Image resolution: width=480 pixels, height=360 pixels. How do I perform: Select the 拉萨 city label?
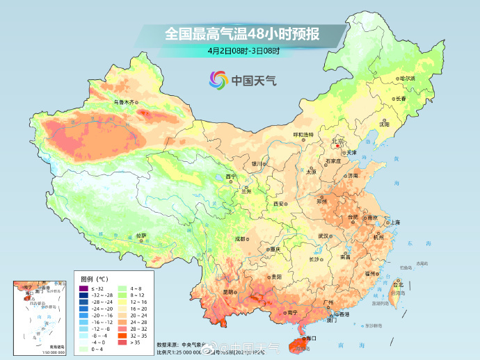click(x=141, y=236)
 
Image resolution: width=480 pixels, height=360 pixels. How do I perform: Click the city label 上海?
click(x=394, y=222)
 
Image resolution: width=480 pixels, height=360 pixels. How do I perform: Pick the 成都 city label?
click(x=239, y=238)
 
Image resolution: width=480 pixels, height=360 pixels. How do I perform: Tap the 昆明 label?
click(x=229, y=292)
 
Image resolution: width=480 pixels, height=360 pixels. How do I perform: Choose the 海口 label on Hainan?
click(x=310, y=338)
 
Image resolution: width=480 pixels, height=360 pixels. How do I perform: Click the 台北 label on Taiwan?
click(x=398, y=285)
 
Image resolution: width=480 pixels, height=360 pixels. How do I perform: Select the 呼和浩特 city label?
click(x=303, y=134)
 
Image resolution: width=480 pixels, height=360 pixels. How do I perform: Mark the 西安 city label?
click(x=279, y=204)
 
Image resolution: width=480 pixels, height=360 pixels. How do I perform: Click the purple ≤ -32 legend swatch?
click(x=83, y=288)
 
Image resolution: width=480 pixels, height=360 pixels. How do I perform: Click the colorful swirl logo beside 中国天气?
click(x=218, y=81)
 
